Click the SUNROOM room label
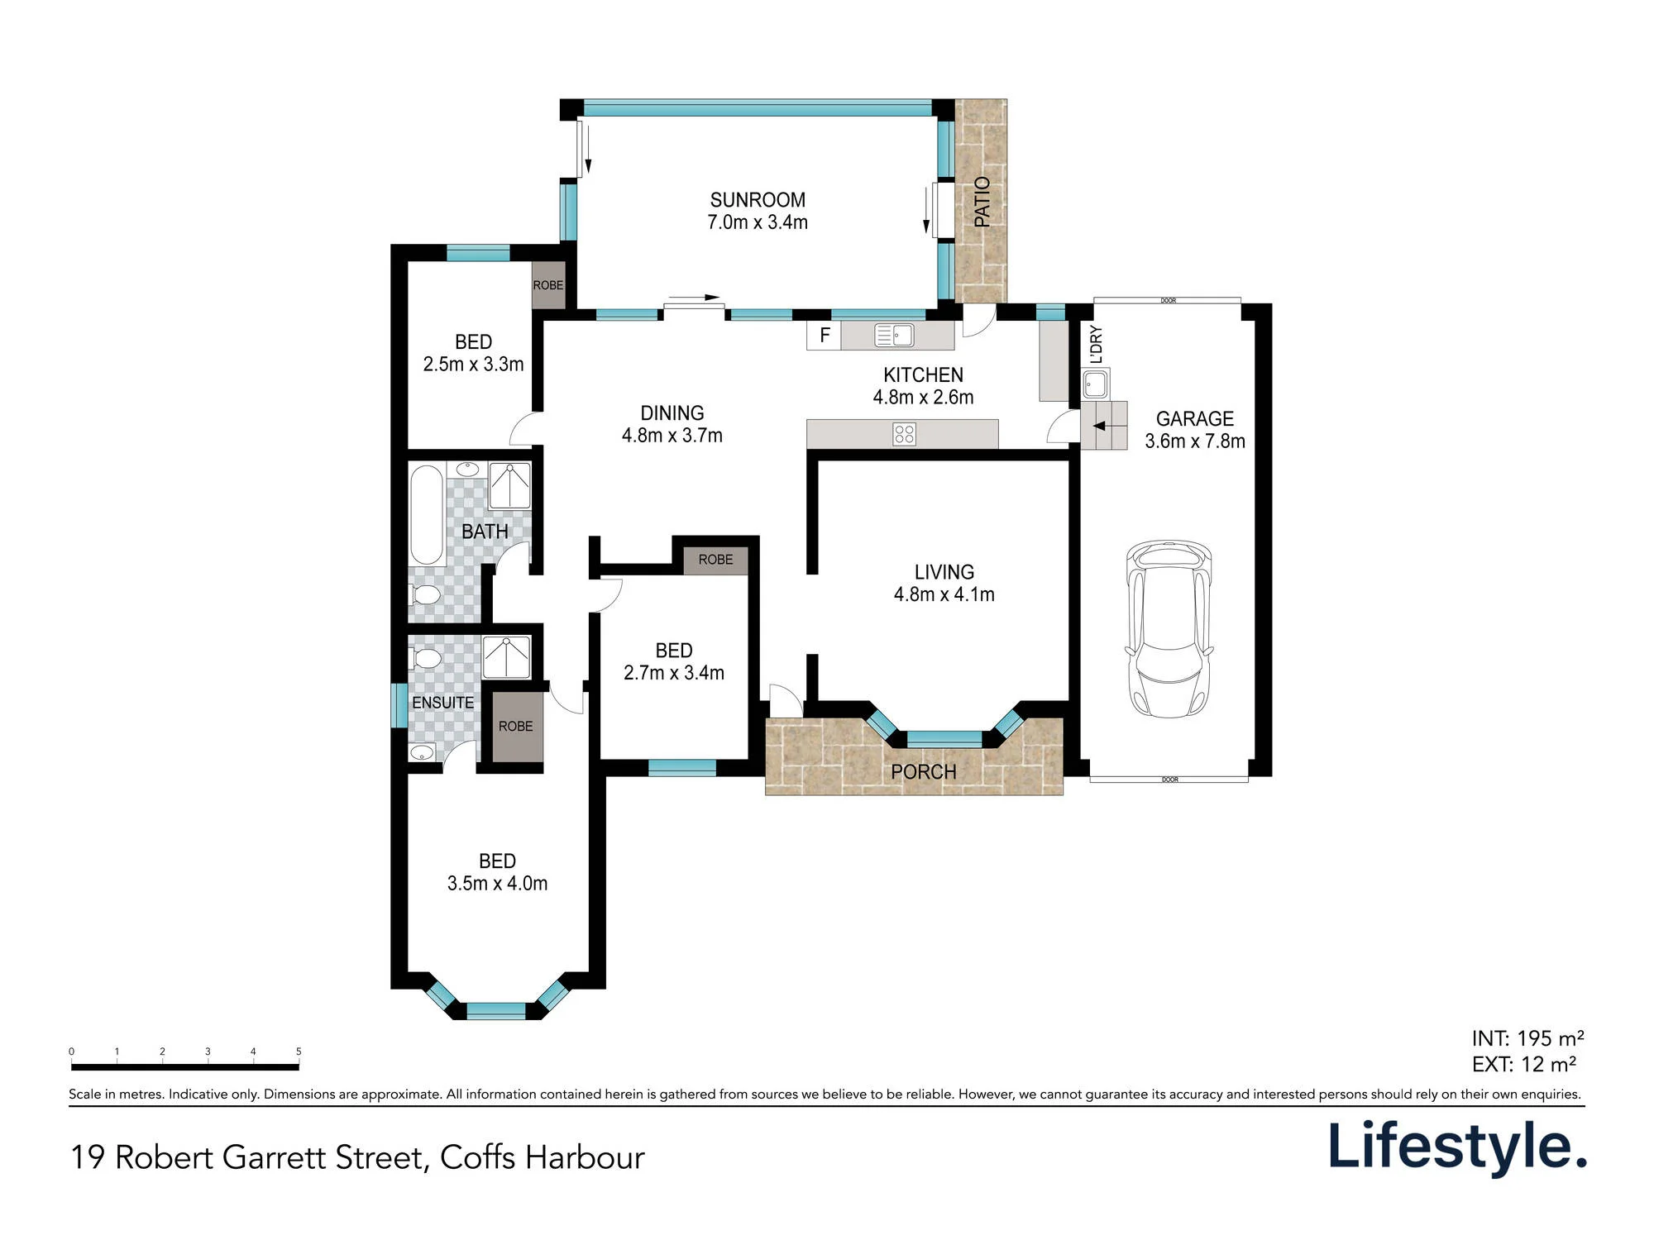point(758,200)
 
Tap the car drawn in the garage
point(1169,628)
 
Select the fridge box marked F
point(824,336)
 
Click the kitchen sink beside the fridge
point(894,335)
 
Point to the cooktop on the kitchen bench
point(904,434)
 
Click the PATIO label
point(982,201)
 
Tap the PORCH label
point(923,772)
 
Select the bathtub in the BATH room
point(427,514)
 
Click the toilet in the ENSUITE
point(425,659)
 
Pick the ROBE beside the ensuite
point(516,726)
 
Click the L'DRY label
point(1097,345)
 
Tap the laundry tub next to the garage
point(1095,384)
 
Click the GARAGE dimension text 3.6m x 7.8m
point(1195,441)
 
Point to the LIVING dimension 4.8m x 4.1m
point(944,594)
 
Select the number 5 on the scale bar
point(299,1052)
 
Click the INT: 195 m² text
point(1527,1038)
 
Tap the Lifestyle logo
point(1457,1147)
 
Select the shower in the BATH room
point(509,486)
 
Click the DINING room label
point(672,413)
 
